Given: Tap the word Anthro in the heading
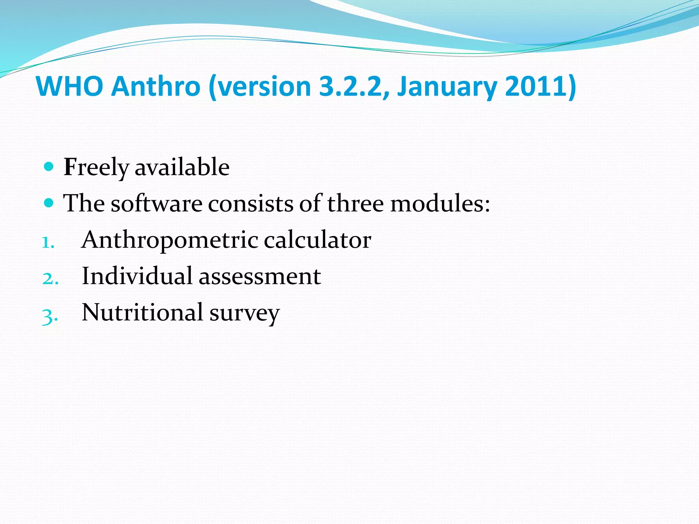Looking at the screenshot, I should click(156, 86).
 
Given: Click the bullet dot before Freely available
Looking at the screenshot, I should click(49, 167).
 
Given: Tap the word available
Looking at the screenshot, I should click(182, 167).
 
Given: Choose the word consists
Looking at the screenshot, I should click(251, 204).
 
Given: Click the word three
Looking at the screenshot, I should click(355, 204).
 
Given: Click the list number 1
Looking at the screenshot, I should click(48, 243).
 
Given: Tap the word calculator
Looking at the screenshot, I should click(317, 240).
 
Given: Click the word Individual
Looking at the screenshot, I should click(137, 276).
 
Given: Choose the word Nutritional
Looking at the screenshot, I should click(143, 312).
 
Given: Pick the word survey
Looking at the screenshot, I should click(244, 314).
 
